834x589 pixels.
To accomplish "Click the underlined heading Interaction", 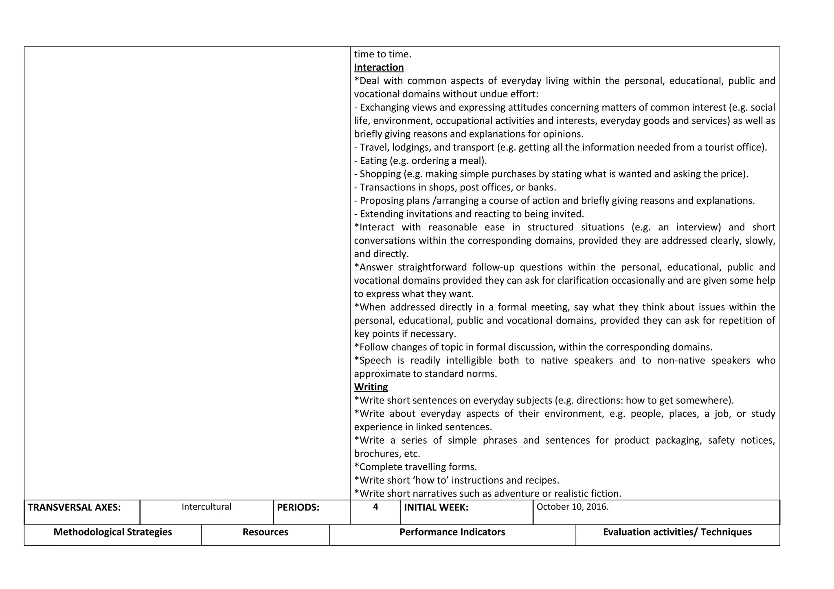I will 379,68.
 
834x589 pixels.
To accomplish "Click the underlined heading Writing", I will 371,387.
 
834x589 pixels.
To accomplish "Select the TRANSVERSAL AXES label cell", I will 74,508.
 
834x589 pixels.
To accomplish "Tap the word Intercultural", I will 206,507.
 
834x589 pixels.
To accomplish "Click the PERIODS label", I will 298,508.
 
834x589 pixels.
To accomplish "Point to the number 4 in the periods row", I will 375,507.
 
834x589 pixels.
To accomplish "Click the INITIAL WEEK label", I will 436,508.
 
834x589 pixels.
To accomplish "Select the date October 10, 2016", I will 572,507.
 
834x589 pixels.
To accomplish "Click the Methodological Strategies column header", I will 113,532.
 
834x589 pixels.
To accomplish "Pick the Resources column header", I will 265,532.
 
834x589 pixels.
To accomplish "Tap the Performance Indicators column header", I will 452,532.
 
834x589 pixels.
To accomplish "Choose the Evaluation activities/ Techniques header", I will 677,532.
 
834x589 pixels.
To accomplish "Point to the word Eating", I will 373,161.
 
